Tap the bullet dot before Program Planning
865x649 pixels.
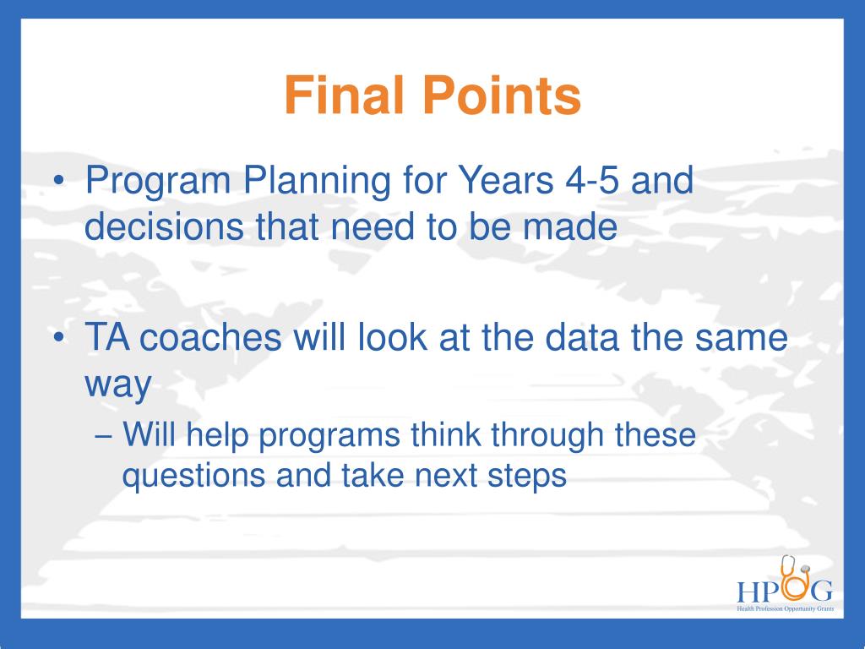[x=60, y=181]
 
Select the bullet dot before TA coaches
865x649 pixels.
[x=60, y=336]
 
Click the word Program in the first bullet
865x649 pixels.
[x=158, y=183]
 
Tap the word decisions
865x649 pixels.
[x=164, y=226]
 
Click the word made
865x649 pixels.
[x=570, y=226]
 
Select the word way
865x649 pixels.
[x=118, y=385]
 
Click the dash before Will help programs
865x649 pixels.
[x=104, y=436]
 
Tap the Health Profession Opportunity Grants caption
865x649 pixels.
[x=786, y=608]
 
